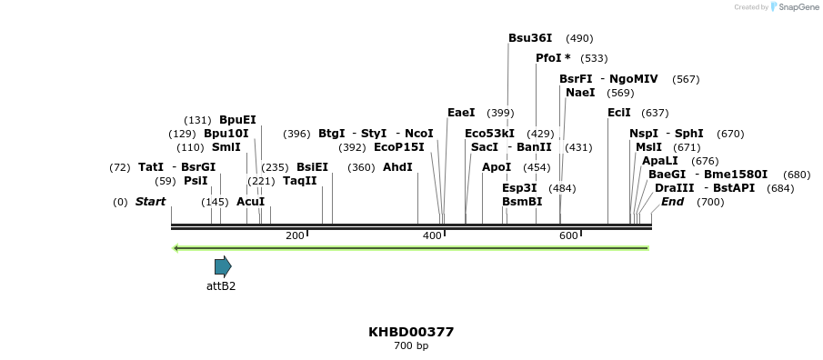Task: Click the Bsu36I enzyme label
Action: point(529,38)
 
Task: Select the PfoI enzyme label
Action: point(553,58)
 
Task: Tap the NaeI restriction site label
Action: point(579,93)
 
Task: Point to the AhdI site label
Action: point(397,167)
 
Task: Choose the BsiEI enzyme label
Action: point(312,167)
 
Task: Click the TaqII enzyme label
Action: point(300,181)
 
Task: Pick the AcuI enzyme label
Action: point(250,202)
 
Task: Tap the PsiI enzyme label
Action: point(196,181)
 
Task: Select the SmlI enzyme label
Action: point(226,147)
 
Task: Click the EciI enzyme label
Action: point(618,113)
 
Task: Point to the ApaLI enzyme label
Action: point(660,161)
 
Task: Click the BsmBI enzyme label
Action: point(522,202)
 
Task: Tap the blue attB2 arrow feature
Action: point(223,266)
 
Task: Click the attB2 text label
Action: point(221,286)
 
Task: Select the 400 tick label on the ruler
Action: point(432,236)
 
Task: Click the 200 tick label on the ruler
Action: point(295,236)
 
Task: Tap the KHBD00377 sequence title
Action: point(411,332)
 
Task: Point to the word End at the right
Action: point(672,202)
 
